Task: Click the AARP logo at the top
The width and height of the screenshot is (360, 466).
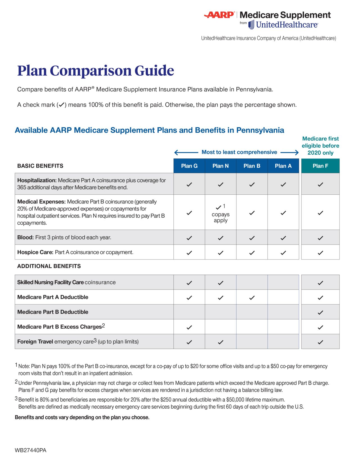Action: coord(219,15)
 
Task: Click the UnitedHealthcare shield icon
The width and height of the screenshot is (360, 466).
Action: coord(251,25)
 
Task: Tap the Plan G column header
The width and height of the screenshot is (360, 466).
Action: coord(189,166)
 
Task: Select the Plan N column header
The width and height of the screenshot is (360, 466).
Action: coord(220,166)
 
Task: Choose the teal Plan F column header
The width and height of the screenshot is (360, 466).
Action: coord(320,166)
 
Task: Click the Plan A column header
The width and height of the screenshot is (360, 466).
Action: coord(283,166)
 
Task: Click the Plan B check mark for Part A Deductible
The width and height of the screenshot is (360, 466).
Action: coord(252,297)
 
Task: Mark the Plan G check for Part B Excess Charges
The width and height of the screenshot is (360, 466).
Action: coord(189,327)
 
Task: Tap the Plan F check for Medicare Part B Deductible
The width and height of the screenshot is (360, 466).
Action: coord(320,312)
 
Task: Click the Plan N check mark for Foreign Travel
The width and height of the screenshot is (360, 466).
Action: coord(220,342)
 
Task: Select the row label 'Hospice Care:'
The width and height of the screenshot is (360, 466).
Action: coord(35,252)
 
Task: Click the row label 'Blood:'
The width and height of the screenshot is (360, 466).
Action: coord(25,238)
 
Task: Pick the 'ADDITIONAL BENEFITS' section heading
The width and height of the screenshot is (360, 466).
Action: coord(49,266)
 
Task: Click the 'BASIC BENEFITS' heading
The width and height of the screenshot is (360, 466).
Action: coord(40,166)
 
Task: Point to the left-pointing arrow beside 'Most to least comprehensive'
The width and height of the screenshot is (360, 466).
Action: coord(186,153)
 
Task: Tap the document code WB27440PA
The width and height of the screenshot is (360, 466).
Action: coord(30,450)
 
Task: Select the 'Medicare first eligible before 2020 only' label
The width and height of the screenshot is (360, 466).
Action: coord(320,146)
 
